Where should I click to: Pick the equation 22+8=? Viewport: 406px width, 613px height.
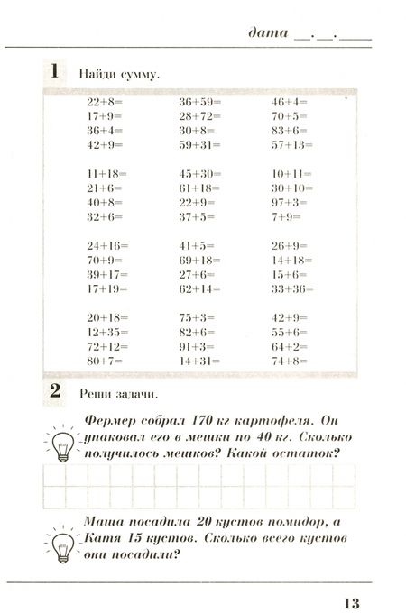106,103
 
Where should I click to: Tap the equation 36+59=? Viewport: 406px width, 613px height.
200,103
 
